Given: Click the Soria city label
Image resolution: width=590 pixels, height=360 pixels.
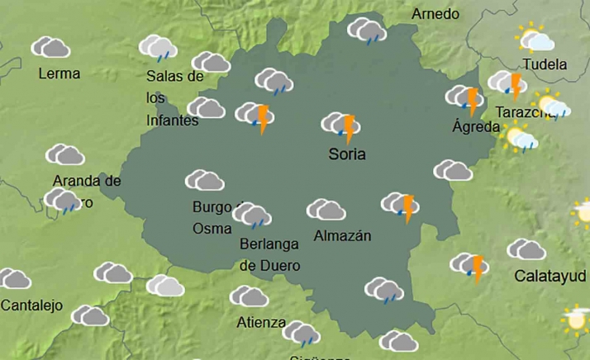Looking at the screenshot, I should pyautogui.click(x=346, y=154).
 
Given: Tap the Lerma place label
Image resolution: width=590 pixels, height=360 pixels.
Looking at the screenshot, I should pyautogui.click(x=59, y=73).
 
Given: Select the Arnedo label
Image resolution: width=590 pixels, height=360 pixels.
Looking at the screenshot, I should pyautogui.click(x=435, y=14).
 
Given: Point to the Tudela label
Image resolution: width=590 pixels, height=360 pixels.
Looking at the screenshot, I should pyautogui.click(x=545, y=64).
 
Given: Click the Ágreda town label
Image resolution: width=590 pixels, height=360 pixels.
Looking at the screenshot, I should pyautogui.click(x=476, y=127).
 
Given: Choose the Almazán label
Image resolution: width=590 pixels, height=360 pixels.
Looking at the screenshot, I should pyautogui.click(x=343, y=236).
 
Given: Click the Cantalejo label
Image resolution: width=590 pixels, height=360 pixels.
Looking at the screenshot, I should pyautogui.click(x=31, y=306).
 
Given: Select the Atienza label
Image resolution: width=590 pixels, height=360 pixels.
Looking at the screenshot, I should pyautogui.click(x=261, y=322).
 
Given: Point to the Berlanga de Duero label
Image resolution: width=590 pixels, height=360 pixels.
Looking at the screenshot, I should pyautogui.click(x=269, y=254).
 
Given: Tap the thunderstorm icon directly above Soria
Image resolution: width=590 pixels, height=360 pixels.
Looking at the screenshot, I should pyautogui.click(x=340, y=126).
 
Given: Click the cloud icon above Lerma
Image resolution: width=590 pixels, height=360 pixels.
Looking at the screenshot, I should pyautogui.click(x=50, y=47).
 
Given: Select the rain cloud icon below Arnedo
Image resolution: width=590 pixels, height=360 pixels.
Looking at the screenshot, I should pyautogui.click(x=367, y=31).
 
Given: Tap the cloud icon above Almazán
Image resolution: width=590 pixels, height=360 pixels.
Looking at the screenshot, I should pyautogui.click(x=326, y=210).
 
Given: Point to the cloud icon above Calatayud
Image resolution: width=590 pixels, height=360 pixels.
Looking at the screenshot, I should pyautogui.click(x=526, y=249).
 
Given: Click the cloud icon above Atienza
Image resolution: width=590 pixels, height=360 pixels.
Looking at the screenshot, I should pyautogui.click(x=249, y=296).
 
